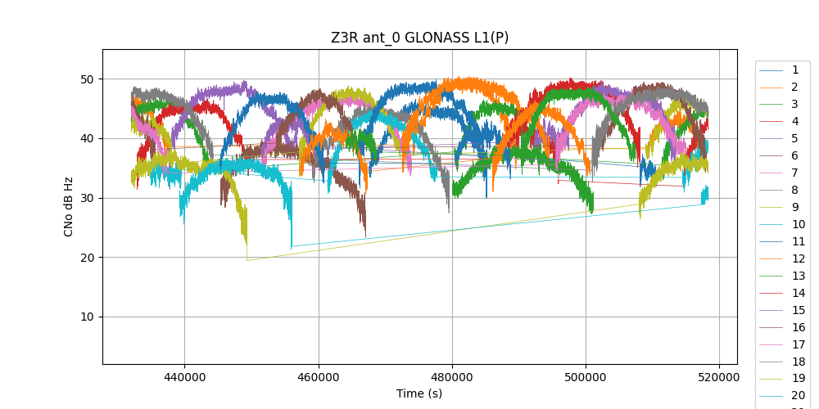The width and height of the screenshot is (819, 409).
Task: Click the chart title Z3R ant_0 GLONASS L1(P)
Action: coord(419,38)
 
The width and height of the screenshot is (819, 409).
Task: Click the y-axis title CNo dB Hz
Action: coord(69,206)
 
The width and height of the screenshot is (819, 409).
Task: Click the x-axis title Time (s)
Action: coord(419,393)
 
